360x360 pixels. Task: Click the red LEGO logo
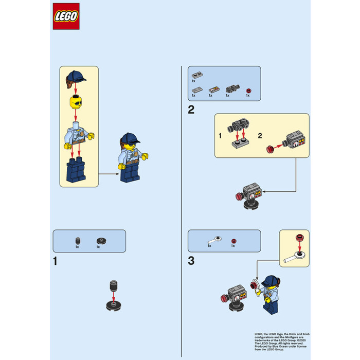click(x=66, y=16)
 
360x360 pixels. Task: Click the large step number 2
click(x=191, y=109)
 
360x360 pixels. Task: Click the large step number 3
click(x=191, y=261)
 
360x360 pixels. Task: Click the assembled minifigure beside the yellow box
click(x=130, y=157)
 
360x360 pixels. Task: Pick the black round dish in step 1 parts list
click(x=100, y=241)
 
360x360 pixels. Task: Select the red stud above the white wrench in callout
click(x=299, y=237)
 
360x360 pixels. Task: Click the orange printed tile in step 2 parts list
click(x=211, y=89)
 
